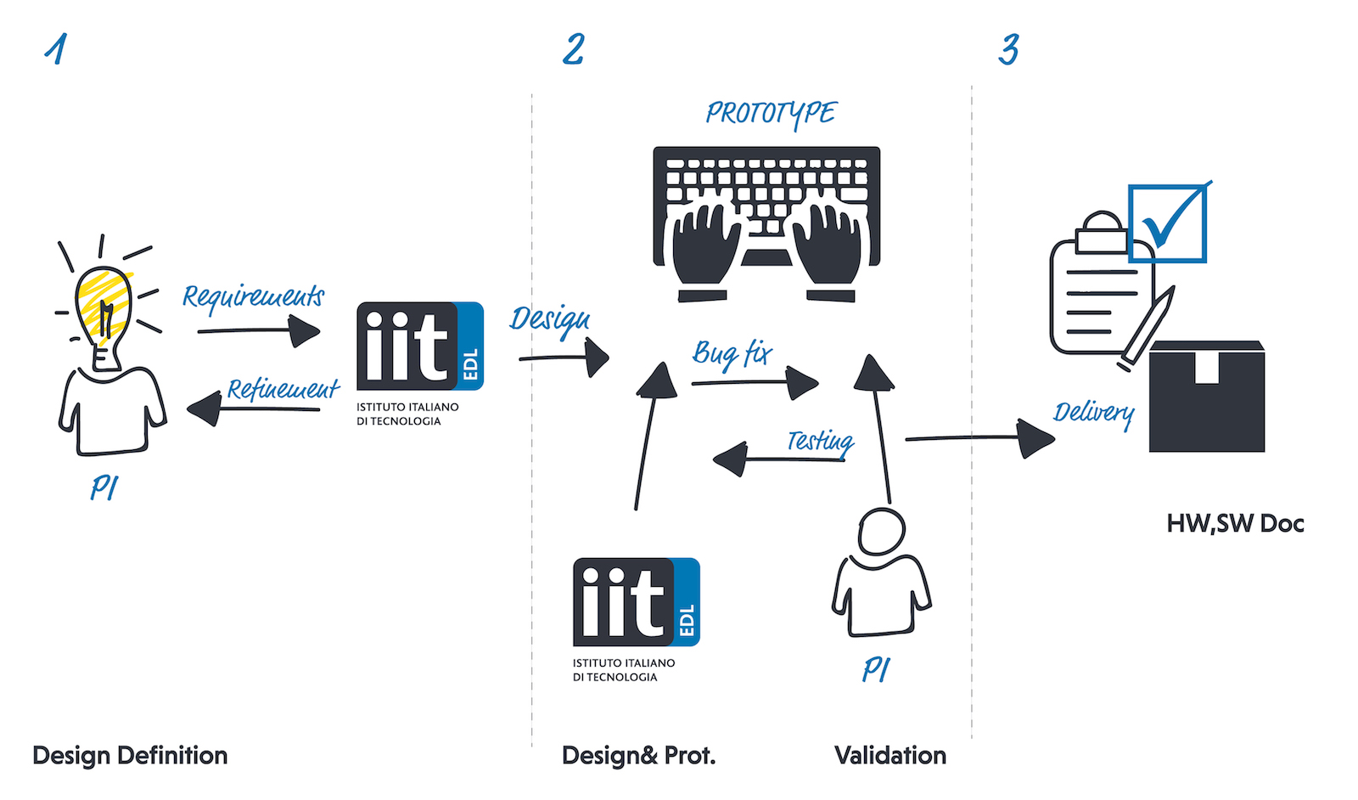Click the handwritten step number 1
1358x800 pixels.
(x=56, y=49)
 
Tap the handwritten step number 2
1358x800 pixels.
(x=574, y=49)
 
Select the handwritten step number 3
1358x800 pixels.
(x=1008, y=49)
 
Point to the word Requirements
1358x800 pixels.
(x=253, y=296)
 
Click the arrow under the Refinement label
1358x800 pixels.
(x=253, y=409)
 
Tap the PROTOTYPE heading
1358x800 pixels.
(x=771, y=113)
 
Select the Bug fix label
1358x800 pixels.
(x=732, y=352)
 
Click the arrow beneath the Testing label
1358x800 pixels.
(x=778, y=459)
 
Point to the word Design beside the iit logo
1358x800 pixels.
(x=550, y=320)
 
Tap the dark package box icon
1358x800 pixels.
(x=1207, y=397)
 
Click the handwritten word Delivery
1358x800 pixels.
(x=1093, y=413)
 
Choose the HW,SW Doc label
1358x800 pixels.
(x=1235, y=523)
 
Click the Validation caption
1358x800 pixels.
(x=889, y=755)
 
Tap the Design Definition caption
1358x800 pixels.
(x=130, y=755)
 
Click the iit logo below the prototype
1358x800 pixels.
(x=636, y=603)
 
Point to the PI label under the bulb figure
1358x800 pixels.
(x=104, y=487)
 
